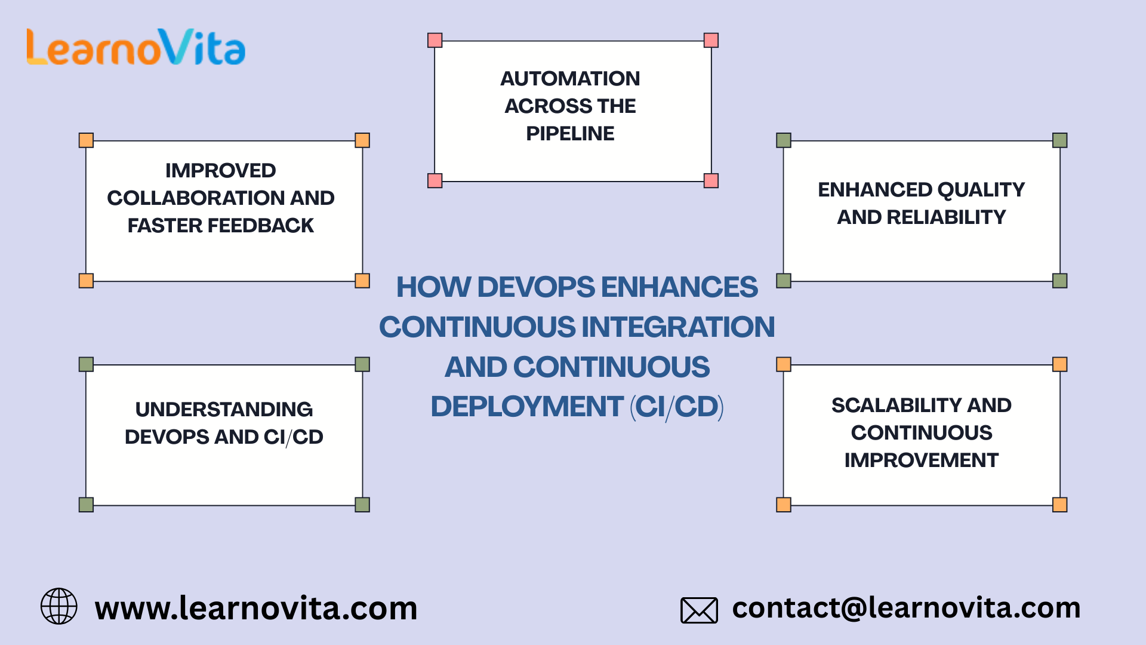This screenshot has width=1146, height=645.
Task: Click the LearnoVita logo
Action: (x=136, y=47)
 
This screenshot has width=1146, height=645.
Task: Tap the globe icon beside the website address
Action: (x=58, y=606)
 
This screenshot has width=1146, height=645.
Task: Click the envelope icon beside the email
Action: (x=699, y=610)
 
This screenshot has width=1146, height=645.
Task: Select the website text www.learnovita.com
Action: (x=256, y=609)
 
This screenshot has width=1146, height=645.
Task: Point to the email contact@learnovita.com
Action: (x=906, y=608)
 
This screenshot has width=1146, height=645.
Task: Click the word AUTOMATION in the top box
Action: (x=570, y=79)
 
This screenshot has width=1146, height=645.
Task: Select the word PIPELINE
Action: (x=570, y=134)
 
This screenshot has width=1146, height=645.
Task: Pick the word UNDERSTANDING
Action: (x=224, y=410)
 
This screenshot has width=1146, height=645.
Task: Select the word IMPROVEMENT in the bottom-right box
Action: (x=921, y=460)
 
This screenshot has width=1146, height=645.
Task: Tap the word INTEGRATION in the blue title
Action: (x=677, y=327)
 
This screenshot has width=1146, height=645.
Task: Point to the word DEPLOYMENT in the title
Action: (x=526, y=407)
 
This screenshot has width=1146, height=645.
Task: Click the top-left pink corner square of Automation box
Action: (x=435, y=41)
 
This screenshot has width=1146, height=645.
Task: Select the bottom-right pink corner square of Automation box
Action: (x=711, y=181)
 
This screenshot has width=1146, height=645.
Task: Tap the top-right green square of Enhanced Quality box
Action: (x=1059, y=140)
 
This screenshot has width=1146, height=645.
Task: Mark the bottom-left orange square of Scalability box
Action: (x=784, y=505)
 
